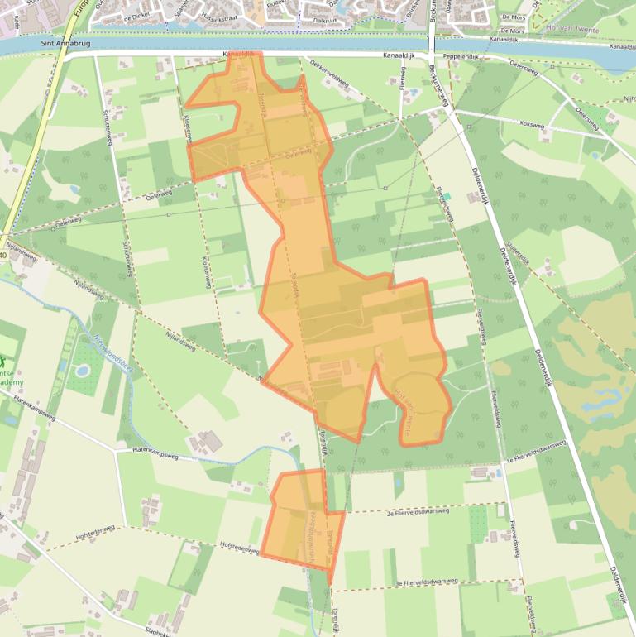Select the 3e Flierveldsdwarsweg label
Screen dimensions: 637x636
click(427, 582)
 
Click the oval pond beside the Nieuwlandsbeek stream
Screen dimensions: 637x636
click(82, 370)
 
